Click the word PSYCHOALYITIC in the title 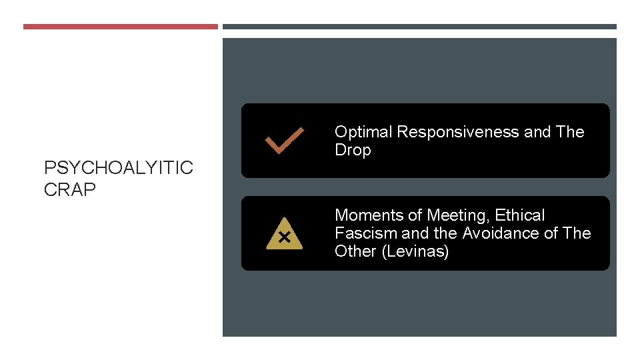coord(119,167)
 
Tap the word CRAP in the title coord(70,190)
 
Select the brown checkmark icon coord(285,141)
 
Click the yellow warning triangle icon coord(284,234)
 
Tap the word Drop coord(353,150)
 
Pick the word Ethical coord(519,215)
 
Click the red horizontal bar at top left coord(121,27)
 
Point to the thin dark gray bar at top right coord(419,27)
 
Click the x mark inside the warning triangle coord(284,237)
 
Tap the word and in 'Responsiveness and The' coord(537,132)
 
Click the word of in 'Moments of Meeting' coord(414,215)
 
